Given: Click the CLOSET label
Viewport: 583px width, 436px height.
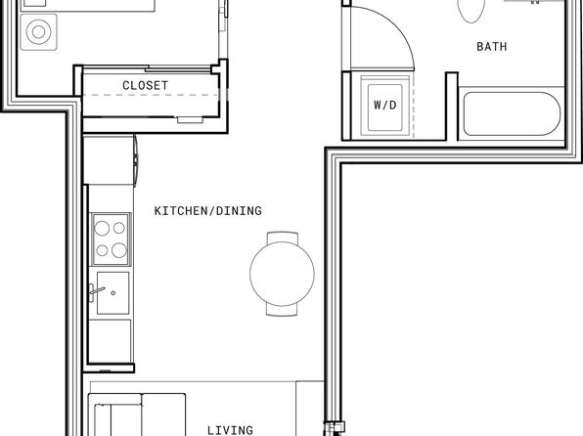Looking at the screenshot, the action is pyautogui.click(x=145, y=85).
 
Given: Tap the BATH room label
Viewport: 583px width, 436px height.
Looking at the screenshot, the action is pyautogui.click(x=491, y=47).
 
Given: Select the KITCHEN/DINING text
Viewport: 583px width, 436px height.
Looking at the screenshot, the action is pyautogui.click(x=207, y=211).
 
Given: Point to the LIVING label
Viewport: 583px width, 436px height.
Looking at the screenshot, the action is pyautogui.click(x=230, y=430).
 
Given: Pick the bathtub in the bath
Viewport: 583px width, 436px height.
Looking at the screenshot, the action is pyautogui.click(x=512, y=113).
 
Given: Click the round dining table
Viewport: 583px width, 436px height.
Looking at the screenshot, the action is pyautogui.click(x=282, y=274).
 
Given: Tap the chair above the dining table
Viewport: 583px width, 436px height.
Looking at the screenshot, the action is pyautogui.click(x=282, y=238).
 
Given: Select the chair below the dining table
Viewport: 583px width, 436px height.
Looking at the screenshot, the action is pyautogui.click(x=282, y=310).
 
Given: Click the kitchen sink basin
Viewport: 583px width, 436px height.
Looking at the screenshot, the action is pyautogui.click(x=113, y=293).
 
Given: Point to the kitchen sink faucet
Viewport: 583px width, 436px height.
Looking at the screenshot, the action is pyautogui.click(x=95, y=290).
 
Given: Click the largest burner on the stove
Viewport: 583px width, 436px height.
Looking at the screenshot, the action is pyautogui.click(x=119, y=250).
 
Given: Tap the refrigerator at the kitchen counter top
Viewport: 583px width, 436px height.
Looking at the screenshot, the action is pyautogui.click(x=110, y=159).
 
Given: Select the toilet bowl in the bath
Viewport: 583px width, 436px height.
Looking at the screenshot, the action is pyautogui.click(x=471, y=9).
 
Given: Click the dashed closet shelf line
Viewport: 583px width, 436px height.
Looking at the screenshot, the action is pyautogui.click(x=151, y=95).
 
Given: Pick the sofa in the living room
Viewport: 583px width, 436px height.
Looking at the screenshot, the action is pyautogui.click(x=137, y=414).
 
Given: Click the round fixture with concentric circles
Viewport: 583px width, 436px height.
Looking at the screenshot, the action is pyautogui.click(x=39, y=32).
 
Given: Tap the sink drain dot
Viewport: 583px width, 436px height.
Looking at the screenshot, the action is pyautogui.click(x=113, y=293).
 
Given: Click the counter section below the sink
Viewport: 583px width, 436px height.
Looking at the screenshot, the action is pyautogui.click(x=111, y=340).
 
